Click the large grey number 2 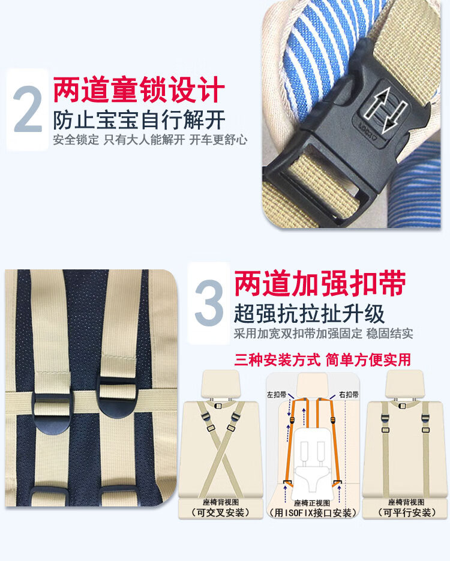(28, 109)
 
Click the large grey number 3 (209, 302)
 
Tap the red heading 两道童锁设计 (139, 89)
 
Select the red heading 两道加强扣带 (320, 284)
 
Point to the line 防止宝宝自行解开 (139, 120)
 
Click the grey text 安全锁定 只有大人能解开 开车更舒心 (150, 140)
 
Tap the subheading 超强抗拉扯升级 (309, 314)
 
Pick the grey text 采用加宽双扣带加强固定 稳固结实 (323, 334)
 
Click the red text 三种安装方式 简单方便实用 (323, 359)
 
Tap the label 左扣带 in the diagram (277, 395)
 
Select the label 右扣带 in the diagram (349, 395)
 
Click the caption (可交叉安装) (221, 512)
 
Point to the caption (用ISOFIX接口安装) (313, 512)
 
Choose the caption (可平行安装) (407, 512)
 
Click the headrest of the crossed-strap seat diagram (221, 383)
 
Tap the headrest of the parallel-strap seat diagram (404, 383)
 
